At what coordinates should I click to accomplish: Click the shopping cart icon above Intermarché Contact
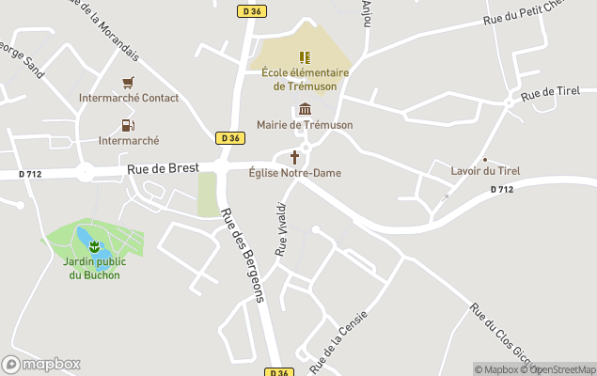pos(128,82)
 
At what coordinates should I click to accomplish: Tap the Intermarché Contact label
pos(129,98)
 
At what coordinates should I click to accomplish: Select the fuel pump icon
pos(128,125)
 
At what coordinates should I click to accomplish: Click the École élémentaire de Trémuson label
pos(305,80)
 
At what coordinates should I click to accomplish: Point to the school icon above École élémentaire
pos(305,57)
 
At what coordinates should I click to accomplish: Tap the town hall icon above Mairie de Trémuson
pos(305,109)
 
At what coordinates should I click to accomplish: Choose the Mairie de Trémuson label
pos(304,125)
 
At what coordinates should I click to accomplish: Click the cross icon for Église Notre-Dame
pos(295,157)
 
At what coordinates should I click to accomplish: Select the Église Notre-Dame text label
pos(295,173)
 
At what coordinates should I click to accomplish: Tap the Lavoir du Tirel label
pos(485,171)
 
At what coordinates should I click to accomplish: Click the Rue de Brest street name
pos(164,168)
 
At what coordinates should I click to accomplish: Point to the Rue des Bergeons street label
pos(244,255)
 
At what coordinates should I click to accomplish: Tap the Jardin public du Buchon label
pos(92,268)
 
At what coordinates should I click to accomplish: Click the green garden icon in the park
pos(93,246)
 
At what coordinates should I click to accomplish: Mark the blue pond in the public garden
pos(83,234)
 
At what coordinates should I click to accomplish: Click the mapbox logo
pos(41,364)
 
